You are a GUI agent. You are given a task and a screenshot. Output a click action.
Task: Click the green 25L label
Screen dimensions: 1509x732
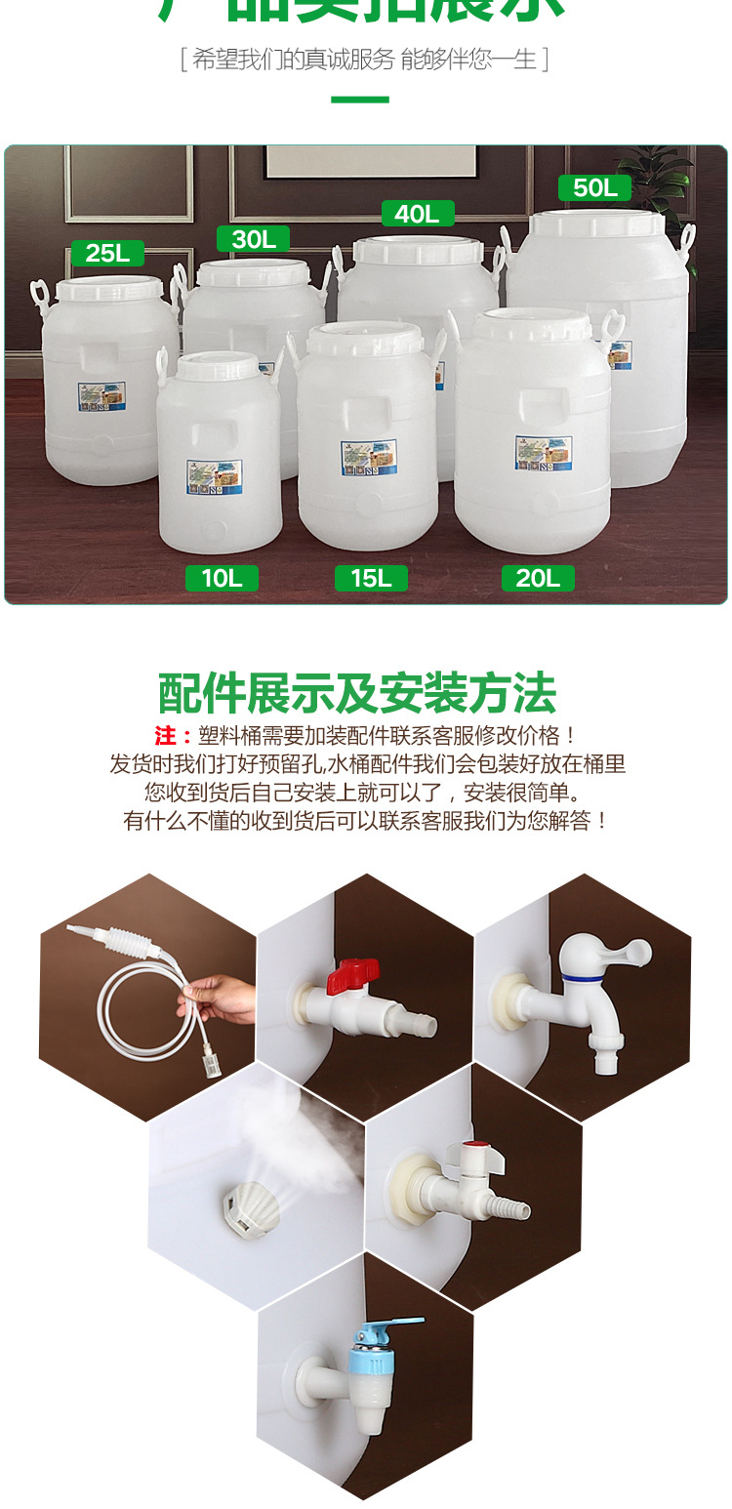coord(107,253)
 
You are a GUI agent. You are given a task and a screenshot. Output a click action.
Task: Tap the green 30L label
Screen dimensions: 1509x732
coord(254,238)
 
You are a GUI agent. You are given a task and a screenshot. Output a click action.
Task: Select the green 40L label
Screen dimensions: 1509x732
coord(418,214)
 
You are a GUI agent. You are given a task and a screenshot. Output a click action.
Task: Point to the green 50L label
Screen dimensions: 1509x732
coord(594,187)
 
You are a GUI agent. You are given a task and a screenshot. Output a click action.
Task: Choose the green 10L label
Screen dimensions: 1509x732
coord(222,578)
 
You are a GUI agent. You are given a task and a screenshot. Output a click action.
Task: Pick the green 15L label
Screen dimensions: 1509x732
coord(371,578)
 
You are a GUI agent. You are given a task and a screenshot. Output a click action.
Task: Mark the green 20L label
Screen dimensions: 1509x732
coord(538,578)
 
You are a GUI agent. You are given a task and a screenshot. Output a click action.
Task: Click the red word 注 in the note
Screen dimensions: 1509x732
coord(166,736)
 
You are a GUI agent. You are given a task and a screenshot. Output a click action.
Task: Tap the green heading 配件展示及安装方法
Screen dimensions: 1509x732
coord(357,694)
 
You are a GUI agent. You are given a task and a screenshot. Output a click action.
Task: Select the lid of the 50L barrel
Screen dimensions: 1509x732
coord(596,224)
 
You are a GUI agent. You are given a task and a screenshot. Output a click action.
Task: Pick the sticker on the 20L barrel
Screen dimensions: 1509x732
coord(543,451)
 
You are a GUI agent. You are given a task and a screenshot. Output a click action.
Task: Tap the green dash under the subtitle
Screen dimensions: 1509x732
coord(360,100)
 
